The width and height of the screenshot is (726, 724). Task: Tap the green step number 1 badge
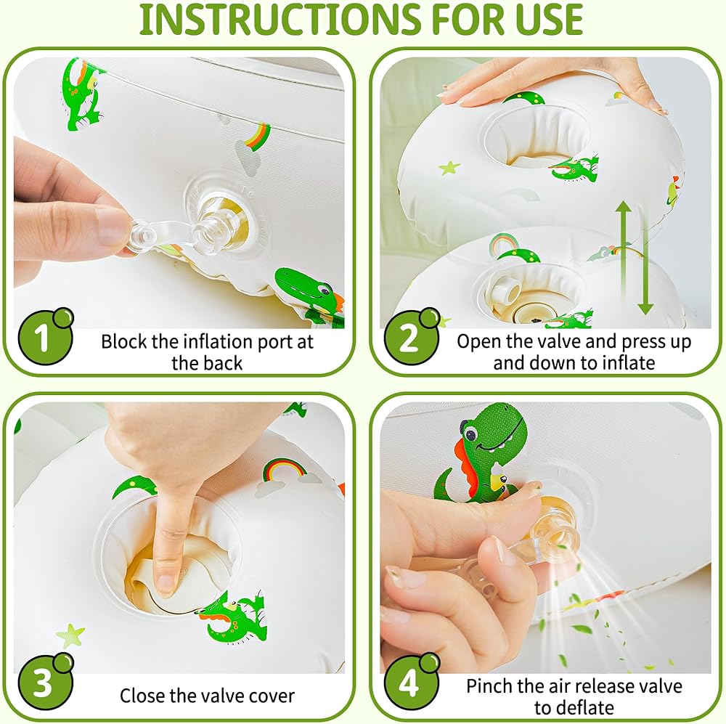45,336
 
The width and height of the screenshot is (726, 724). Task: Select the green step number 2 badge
411,336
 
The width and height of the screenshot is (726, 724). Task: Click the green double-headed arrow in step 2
633,258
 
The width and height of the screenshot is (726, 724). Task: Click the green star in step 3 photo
70,635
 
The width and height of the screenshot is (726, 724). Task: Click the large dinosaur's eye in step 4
472,434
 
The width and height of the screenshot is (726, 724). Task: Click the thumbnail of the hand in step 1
111,227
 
